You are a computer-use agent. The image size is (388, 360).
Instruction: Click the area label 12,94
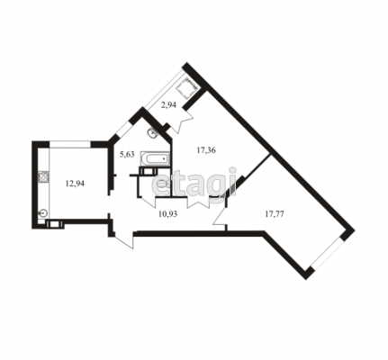click(x=75, y=184)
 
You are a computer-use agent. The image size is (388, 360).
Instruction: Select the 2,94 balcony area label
click(x=168, y=105)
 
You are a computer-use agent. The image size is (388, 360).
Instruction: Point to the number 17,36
click(x=206, y=150)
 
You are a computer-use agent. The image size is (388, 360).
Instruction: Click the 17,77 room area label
click(x=275, y=213)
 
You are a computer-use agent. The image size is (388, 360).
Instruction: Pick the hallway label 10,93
click(x=167, y=213)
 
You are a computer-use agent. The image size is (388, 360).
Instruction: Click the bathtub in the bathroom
click(x=155, y=158)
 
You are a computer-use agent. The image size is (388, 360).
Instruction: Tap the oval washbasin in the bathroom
click(x=153, y=132)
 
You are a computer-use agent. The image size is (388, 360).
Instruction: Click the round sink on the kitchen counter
click(x=43, y=213)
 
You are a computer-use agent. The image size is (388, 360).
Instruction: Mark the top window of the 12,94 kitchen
click(x=70, y=144)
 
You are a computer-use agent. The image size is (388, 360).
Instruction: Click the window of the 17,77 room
click(x=327, y=252)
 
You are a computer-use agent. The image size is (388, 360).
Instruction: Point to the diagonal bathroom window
click(x=123, y=129)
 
